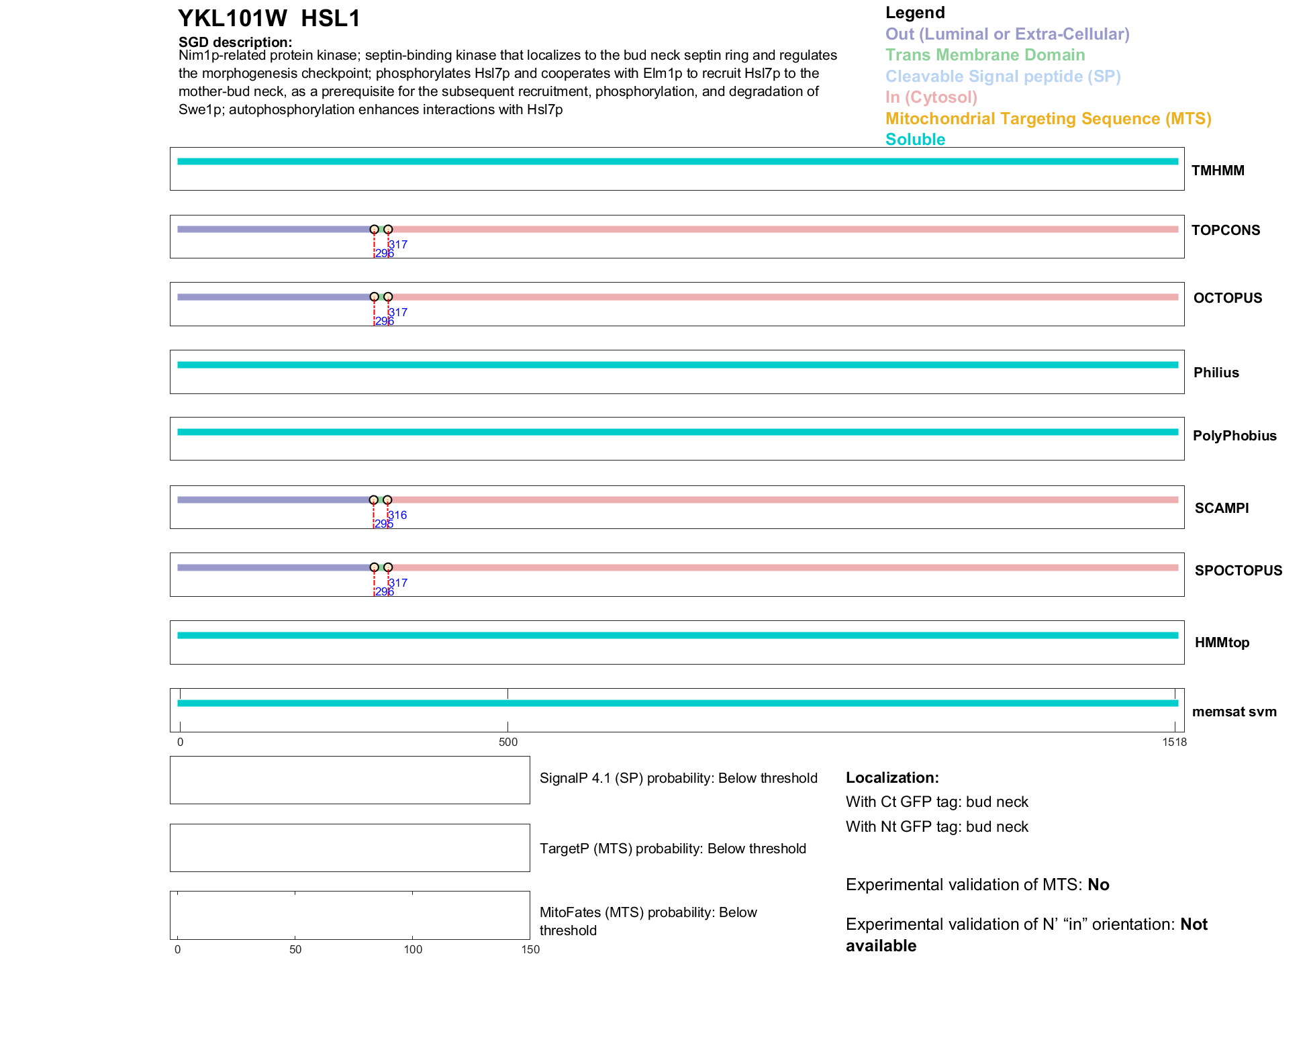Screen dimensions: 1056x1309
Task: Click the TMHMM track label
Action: (1217, 171)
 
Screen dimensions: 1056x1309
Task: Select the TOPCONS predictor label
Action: (1225, 230)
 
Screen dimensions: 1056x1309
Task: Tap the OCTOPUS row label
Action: (1227, 298)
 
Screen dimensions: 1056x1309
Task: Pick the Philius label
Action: (1216, 373)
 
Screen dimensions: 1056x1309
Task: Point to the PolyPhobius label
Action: (1234, 436)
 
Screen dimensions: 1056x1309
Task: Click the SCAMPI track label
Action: (1221, 508)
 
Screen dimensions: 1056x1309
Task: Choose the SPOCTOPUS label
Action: (1238, 571)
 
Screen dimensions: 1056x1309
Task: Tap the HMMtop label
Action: (1222, 642)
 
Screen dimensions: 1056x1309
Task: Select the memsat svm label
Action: (1234, 712)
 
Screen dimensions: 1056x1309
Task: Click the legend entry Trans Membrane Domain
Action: (985, 55)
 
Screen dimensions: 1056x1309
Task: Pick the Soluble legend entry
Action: (915, 140)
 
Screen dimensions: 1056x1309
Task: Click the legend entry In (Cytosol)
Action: (931, 97)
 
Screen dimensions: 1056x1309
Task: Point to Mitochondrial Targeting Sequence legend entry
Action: (1048, 119)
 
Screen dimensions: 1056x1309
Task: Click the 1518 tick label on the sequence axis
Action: (1174, 742)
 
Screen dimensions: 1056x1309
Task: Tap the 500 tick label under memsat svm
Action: (508, 742)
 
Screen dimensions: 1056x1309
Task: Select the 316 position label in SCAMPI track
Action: (397, 515)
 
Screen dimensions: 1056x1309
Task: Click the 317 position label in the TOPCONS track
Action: (398, 245)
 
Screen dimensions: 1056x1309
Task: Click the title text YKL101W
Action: (232, 19)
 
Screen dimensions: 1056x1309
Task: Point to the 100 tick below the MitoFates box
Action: (413, 949)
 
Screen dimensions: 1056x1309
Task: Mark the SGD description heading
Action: (235, 42)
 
